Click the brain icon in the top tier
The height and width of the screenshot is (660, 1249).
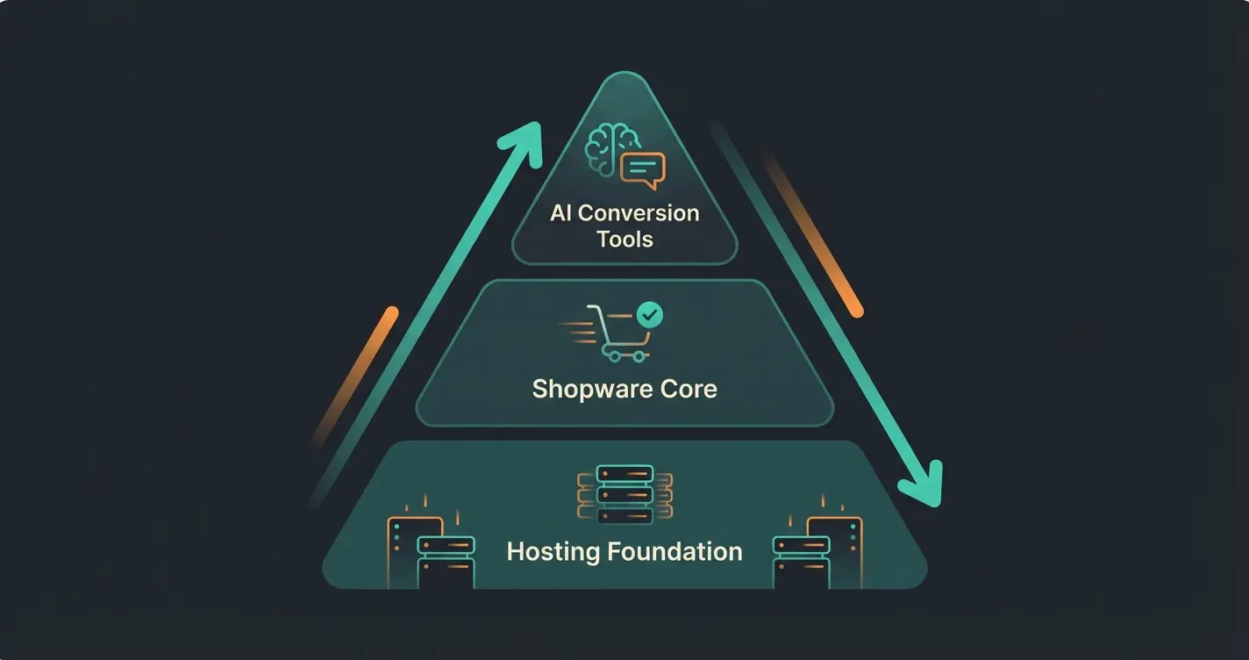tap(610, 147)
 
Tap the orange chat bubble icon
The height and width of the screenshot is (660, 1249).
tap(643, 169)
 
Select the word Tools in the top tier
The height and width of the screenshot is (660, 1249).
tap(624, 239)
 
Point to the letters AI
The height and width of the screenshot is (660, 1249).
tap(560, 212)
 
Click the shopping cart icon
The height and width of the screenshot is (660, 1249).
tap(617, 334)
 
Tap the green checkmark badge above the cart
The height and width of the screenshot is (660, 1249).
tap(650, 313)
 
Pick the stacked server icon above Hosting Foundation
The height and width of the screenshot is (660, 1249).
tap(624, 494)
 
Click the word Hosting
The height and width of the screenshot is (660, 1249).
tap(551, 551)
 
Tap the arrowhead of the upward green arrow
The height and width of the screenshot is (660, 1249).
tap(525, 139)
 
